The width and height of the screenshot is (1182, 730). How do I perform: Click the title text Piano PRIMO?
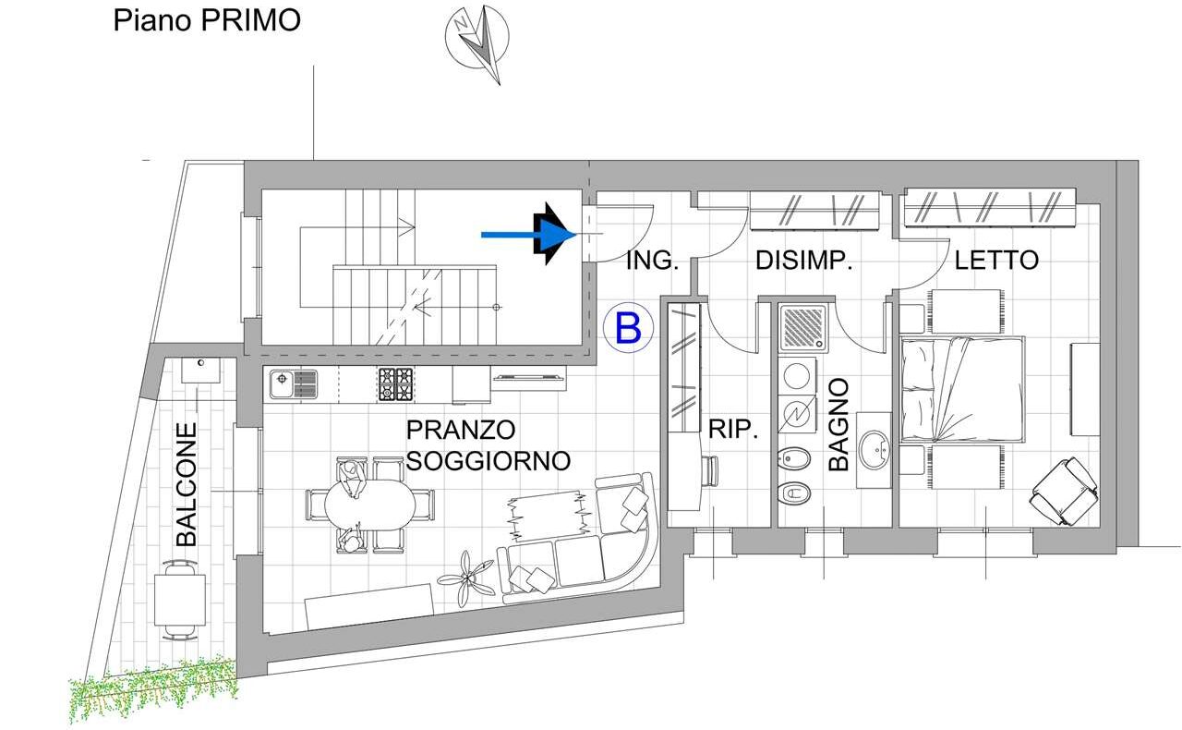pos(207,21)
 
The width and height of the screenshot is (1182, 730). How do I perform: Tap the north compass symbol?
pos(477,43)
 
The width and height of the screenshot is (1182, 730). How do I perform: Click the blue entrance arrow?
pos(528,234)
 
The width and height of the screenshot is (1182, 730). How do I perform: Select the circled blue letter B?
pos(628,327)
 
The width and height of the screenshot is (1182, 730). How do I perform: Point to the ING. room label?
pos(652,261)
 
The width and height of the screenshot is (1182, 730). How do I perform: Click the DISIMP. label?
pos(804,261)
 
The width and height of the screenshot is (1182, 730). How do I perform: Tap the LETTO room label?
pos(996,261)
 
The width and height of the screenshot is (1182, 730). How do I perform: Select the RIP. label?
pos(733,430)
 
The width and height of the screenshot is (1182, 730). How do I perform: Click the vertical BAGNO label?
pos(838,424)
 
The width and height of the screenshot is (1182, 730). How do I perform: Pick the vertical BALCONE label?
pos(186,484)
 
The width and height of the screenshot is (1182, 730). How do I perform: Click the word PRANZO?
pos(461,430)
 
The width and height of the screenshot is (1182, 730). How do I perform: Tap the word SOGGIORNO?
pos(488,461)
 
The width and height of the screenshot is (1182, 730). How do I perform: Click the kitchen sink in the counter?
pos(294,383)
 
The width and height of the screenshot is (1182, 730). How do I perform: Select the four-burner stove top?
pos(396,384)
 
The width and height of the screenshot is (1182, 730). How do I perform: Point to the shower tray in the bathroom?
pos(802,327)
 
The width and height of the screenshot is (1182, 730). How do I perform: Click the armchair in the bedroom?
pos(1065,491)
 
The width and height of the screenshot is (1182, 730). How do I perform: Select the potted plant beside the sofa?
pos(466,579)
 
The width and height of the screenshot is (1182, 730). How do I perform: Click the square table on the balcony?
pos(179,601)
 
